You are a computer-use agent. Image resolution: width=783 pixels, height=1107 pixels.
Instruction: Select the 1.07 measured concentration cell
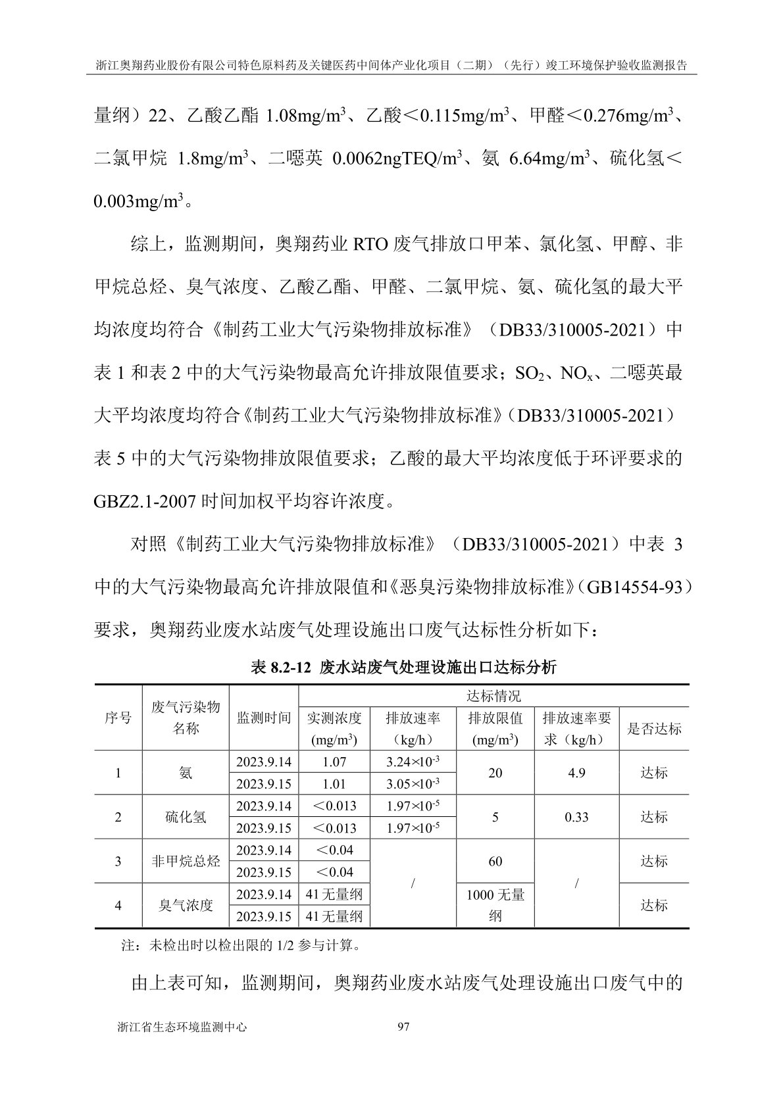(x=334, y=762)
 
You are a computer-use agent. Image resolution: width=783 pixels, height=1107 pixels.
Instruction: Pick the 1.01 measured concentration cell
(x=334, y=784)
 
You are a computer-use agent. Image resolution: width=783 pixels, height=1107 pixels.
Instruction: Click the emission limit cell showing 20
(x=495, y=773)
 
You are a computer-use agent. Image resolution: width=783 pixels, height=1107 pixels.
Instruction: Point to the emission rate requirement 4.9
(x=576, y=773)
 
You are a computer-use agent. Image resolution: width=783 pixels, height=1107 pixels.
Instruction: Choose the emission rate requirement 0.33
(x=576, y=817)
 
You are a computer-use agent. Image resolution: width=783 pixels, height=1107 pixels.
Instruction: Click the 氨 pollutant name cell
(x=186, y=773)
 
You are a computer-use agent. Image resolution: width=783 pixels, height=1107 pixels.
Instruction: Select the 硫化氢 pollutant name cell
(x=186, y=817)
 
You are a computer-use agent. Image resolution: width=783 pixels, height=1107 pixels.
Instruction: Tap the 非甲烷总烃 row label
(x=186, y=861)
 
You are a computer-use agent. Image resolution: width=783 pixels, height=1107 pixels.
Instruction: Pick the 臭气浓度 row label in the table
(x=186, y=905)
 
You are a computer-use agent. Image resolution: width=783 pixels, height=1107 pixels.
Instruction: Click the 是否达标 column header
(x=654, y=728)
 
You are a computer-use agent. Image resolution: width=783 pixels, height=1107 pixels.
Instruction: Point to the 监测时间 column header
(x=263, y=718)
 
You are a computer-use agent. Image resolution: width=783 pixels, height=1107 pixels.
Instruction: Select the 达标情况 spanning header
(x=493, y=696)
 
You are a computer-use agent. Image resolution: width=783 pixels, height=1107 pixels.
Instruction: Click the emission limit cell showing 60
(x=495, y=861)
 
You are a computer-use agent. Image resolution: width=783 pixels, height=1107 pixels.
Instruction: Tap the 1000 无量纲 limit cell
(x=495, y=905)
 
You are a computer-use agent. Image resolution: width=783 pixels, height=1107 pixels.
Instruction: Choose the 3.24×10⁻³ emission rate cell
(x=413, y=762)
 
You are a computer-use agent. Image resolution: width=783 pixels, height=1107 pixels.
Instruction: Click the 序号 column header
(x=118, y=718)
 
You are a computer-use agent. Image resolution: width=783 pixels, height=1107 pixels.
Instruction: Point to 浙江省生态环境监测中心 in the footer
(x=180, y=1027)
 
